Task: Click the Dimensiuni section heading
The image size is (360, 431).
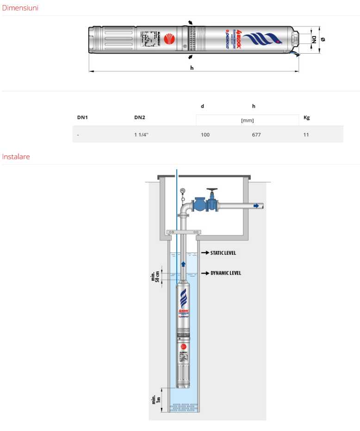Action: tap(20, 8)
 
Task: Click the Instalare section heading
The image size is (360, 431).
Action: tap(16, 157)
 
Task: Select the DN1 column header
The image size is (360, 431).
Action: tap(82, 117)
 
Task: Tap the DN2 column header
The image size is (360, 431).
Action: tap(139, 117)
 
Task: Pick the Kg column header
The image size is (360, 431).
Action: tap(306, 117)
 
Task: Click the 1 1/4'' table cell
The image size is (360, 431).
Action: tap(141, 135)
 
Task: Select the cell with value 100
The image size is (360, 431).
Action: tap(205, 135)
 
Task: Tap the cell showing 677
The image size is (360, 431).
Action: tap(256, 135)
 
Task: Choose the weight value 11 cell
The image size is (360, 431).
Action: tap(306, 135)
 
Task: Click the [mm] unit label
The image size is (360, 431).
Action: tap(248, 121)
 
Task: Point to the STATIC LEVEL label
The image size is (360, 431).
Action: tap(223, 253)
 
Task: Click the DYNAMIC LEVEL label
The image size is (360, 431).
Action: tap(225, 273)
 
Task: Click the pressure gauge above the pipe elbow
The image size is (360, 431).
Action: tap(183, 191)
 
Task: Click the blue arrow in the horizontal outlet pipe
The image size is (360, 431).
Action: tap(256, 206)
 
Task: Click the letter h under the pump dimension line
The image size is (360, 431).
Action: tap(192, 68)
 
